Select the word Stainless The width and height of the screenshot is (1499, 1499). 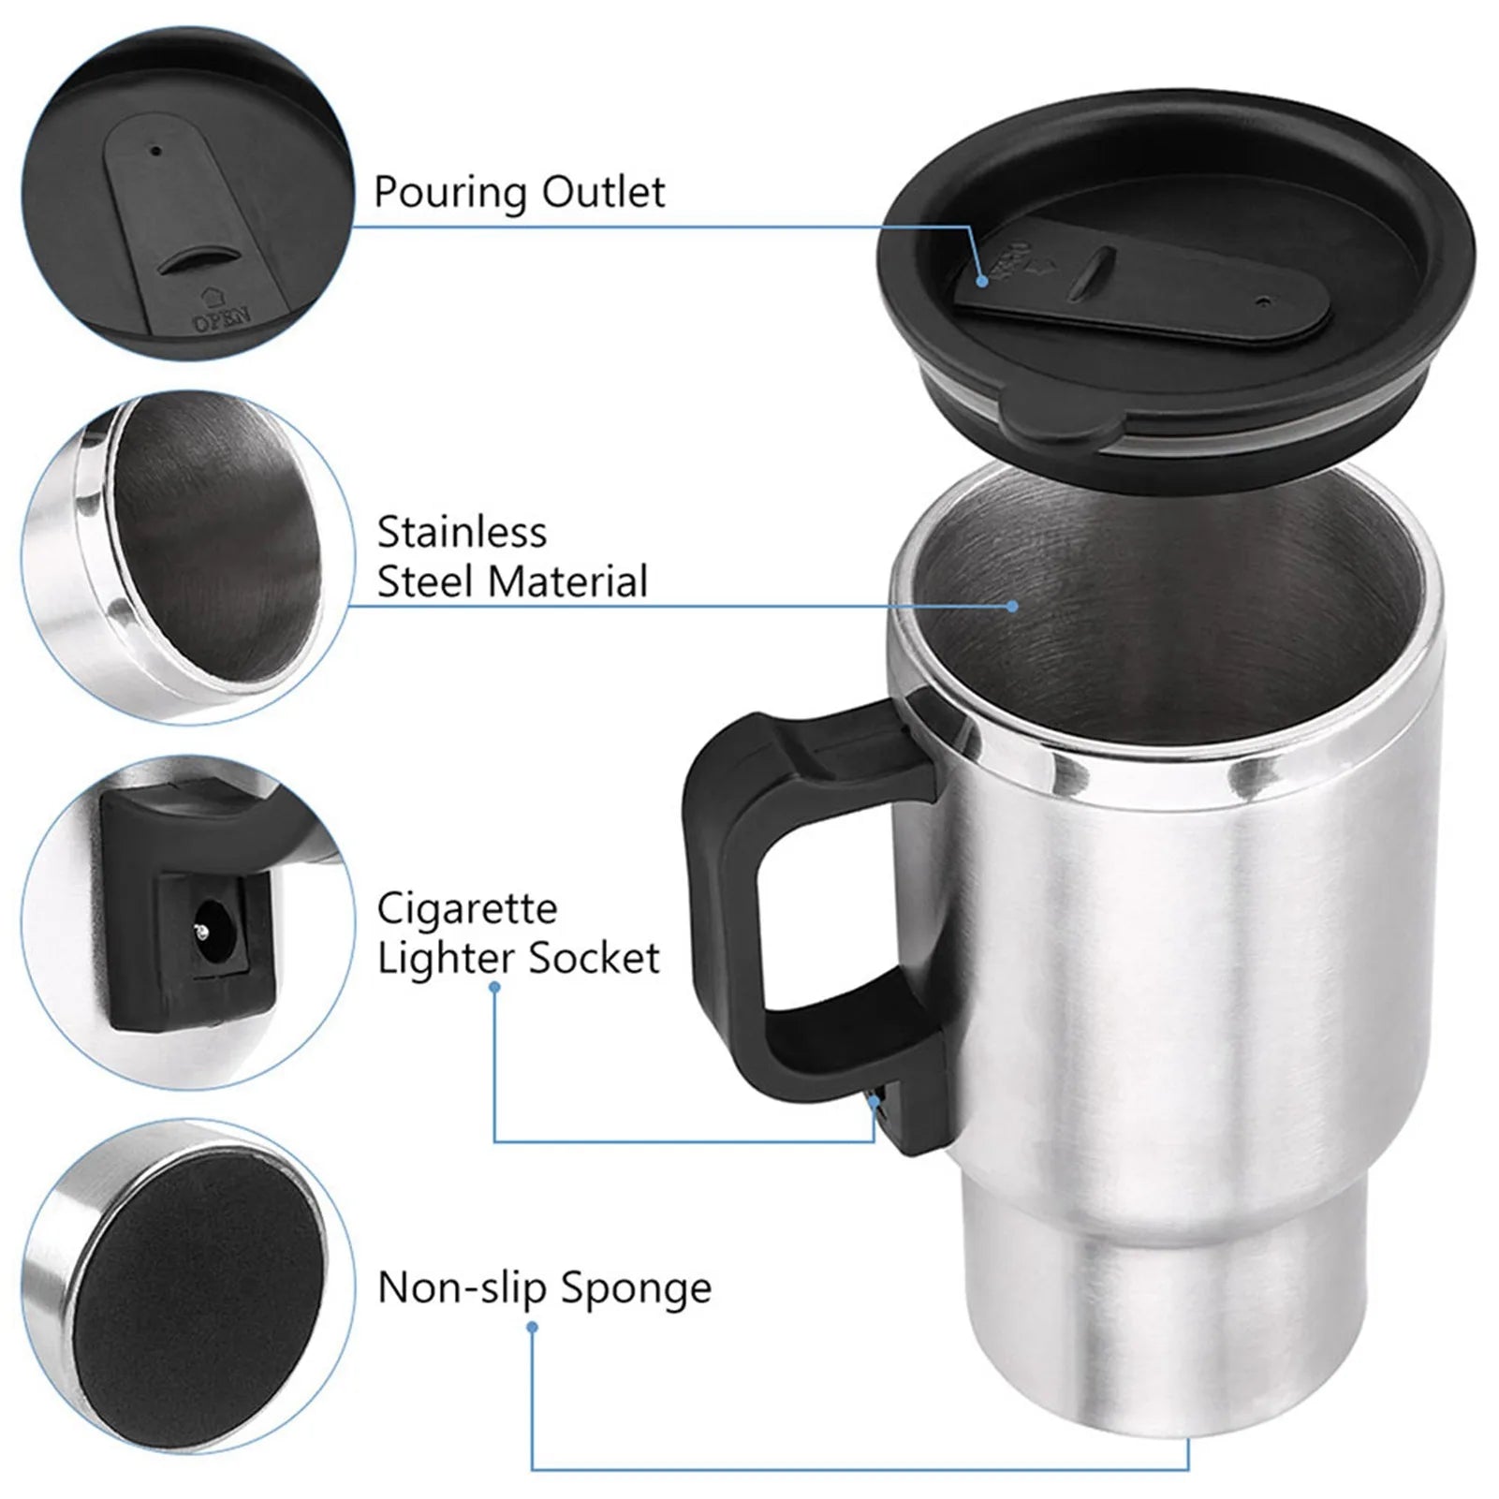[x=462, y=532]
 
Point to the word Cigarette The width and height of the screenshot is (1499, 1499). [x=466, y=908]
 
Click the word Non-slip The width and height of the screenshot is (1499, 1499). [x=462, y=1287]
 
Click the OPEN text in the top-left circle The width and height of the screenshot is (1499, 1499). [x=221, y=319]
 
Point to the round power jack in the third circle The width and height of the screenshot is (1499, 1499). [x=201, y=932]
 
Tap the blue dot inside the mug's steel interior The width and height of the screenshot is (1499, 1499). [x=1012, y=606]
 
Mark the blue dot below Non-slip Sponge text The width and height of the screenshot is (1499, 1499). [x=532, y=1327]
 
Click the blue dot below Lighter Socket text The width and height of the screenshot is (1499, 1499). [x=494, y=987]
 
